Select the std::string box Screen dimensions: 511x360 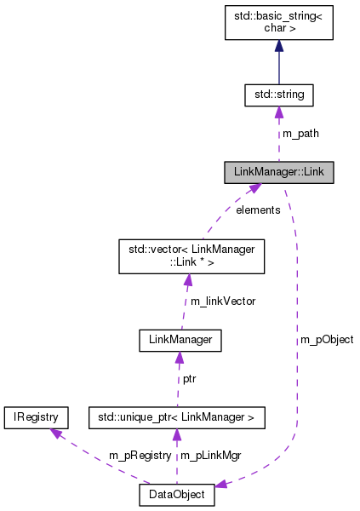[278, 94]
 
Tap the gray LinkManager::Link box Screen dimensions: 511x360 [278, 172]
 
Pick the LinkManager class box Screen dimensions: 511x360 [180, 341]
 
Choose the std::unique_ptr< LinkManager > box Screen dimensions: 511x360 [177, 417]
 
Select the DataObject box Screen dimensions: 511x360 [177, 494]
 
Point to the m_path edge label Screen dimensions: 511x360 [300, 134]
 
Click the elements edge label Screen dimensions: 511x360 [258, 210]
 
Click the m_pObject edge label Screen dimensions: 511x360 [327, 339]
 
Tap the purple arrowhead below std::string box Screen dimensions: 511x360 [278, 112]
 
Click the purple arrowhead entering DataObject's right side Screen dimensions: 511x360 [222, 485]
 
